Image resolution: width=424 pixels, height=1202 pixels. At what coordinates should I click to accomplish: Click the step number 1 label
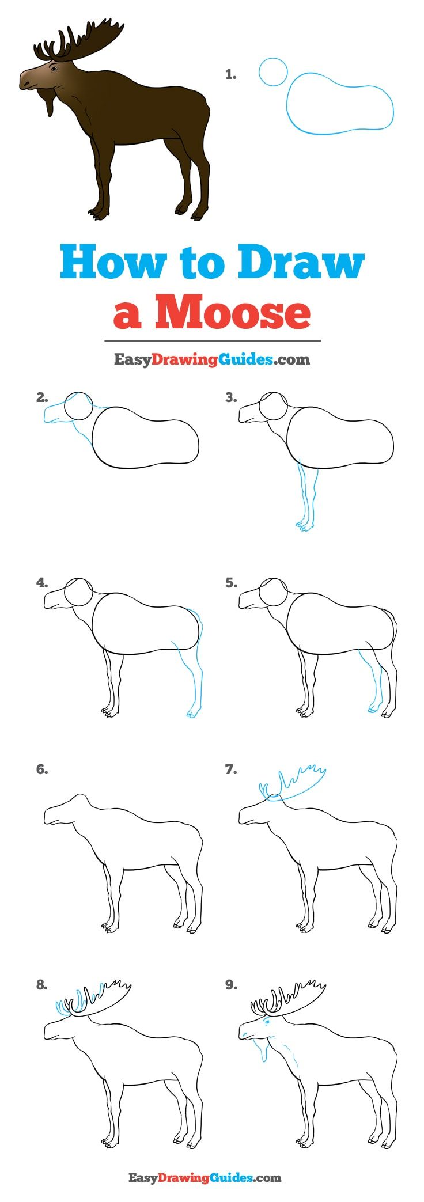230,74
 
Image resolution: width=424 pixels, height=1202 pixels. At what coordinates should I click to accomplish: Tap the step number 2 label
41,397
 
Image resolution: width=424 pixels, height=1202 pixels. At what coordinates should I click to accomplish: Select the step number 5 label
231,583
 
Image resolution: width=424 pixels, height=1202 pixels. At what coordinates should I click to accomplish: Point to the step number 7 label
231,769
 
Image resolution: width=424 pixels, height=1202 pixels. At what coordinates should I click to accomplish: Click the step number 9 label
231,985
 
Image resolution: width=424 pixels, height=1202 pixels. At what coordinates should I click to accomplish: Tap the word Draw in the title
301,263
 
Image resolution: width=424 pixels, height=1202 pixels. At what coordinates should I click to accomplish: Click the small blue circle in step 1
273,72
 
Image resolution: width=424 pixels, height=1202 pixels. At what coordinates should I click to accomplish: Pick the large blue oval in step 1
340,103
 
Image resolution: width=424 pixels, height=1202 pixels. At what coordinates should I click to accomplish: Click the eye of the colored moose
53,69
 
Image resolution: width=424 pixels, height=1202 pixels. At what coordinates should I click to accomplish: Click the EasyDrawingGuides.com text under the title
211,359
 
